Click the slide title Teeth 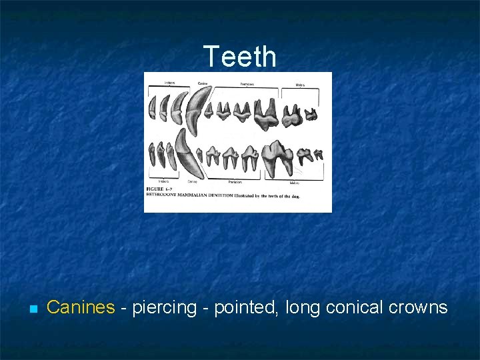coord(239,57)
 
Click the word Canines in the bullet coord(81,307)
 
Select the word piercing coord(165,307)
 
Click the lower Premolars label coord(236,181)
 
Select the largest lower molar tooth coord(277,155)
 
